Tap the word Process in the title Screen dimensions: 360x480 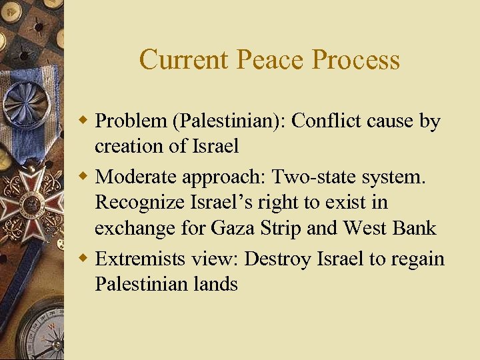pyautogui.click(x=356, y=60)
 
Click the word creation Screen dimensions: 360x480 pyautogui.click(x=127, y=147)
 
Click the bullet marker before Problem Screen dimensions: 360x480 pyautogui.click(x=84, y=122)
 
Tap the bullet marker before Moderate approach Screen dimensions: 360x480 pyautogui.click(x=84, y=177)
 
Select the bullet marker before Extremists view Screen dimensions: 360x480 pyautogui.click(x=84, y=259)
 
